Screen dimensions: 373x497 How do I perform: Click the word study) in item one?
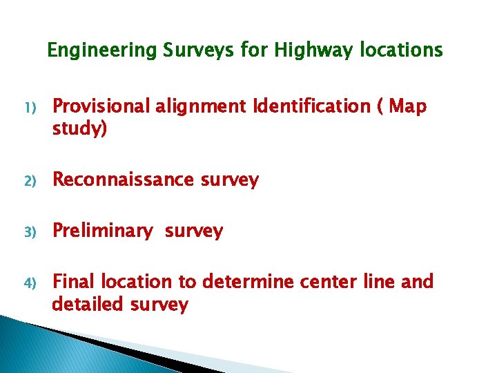(80, 129)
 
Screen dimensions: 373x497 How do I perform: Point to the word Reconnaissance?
(124, 180)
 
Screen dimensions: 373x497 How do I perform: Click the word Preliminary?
(103, 231)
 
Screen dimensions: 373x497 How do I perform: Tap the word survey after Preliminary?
(194, 231)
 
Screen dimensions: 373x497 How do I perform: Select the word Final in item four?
(75, 282)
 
